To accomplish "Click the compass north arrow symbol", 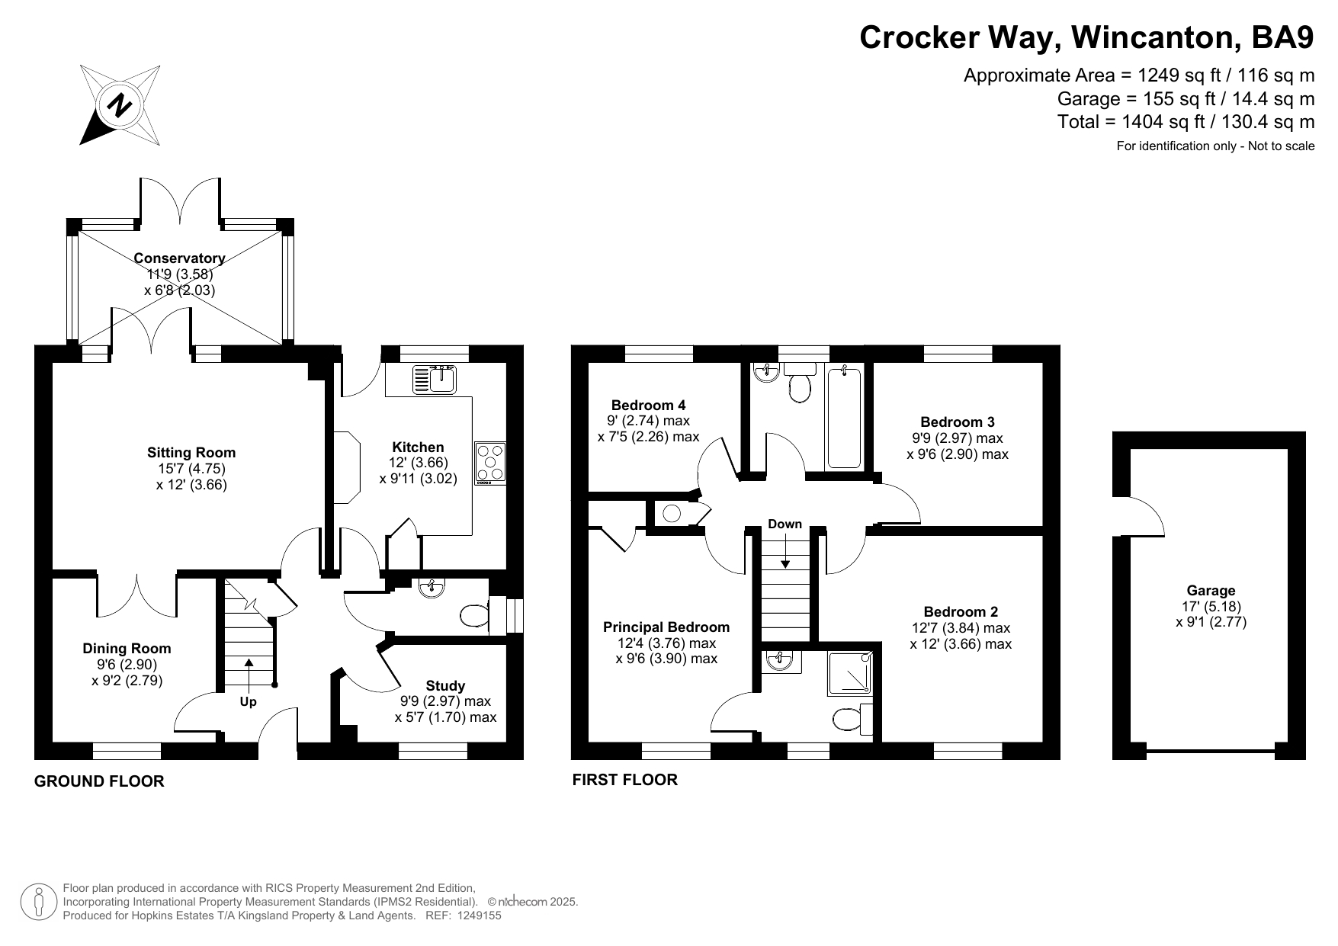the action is pos(120,104).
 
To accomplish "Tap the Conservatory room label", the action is pos(179,258).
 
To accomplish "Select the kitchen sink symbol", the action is pos(435,379).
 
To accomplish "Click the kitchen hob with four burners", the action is pos(490,463).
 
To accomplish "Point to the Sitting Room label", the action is pos(191,453).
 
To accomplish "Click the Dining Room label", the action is pos(127,649).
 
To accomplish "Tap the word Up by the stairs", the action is pos(249,702).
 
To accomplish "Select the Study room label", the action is pos(445,685).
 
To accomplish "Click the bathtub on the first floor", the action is pos(844,418).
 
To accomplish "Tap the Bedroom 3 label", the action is pos(958,422).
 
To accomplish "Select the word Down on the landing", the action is pos(785,524).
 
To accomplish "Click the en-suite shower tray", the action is pos(850,674).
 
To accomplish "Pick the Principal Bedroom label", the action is pos(666,627).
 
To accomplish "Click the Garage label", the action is pos(1211,591).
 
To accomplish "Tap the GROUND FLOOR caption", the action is pos(99,781).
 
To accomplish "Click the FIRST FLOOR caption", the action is pos(625,780).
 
